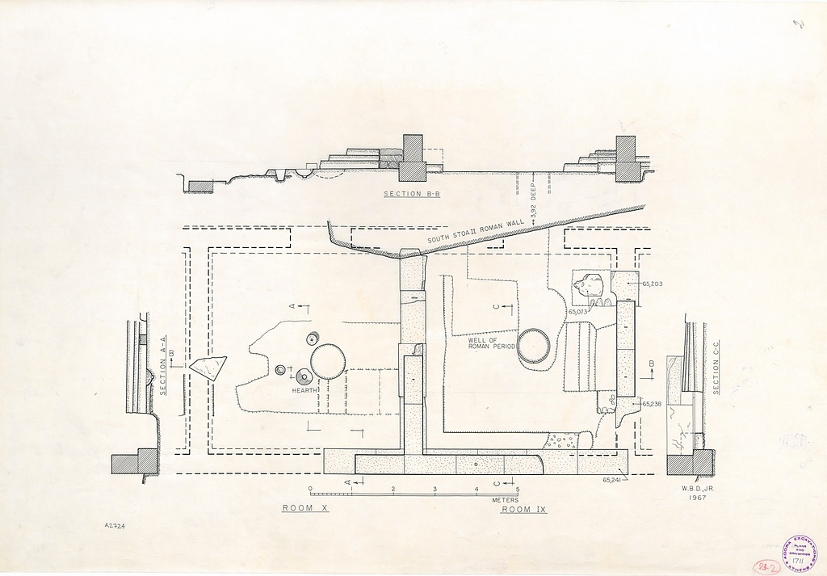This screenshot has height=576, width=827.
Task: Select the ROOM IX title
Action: point(524,510)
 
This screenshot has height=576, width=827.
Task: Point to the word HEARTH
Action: point(306,391)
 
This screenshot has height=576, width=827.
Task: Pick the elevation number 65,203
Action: point(652,284)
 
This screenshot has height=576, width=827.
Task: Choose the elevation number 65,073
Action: point(577,311)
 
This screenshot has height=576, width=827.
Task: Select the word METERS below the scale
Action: point(506,500)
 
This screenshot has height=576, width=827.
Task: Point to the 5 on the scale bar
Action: point(517,490)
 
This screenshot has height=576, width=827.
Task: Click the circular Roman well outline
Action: point(533,347)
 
